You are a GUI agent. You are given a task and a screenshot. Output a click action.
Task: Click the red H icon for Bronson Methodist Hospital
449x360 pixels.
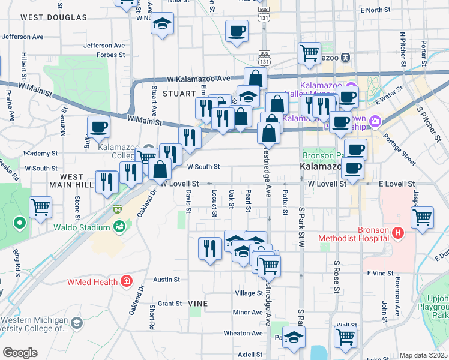(x=397, y=232)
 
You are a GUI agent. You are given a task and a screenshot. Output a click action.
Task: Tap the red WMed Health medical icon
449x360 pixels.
(x=126, y=280)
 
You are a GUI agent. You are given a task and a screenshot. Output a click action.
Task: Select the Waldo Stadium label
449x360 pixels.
(x=81, y=227)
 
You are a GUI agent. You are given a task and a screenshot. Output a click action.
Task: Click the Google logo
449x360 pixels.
(x=20, y=352)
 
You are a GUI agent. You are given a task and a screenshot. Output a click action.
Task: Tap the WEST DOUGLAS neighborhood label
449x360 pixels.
(x=53, y=17)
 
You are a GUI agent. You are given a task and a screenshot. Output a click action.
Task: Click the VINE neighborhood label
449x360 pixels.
(x=198, y=304)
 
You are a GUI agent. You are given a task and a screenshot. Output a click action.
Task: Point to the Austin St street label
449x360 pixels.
(x=166, y=280)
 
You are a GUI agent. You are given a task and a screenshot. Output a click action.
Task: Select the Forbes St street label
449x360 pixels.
(x=112, y=54)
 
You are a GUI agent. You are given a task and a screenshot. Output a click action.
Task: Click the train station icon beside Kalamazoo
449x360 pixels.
(x=346, y=58)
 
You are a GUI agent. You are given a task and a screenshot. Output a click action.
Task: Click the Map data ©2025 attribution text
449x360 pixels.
(x=424, y=355)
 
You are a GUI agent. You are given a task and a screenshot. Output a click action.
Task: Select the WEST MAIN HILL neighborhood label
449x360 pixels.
(x=71, y=181)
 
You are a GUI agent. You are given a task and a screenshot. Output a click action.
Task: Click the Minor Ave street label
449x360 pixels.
(x=248, y=312)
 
